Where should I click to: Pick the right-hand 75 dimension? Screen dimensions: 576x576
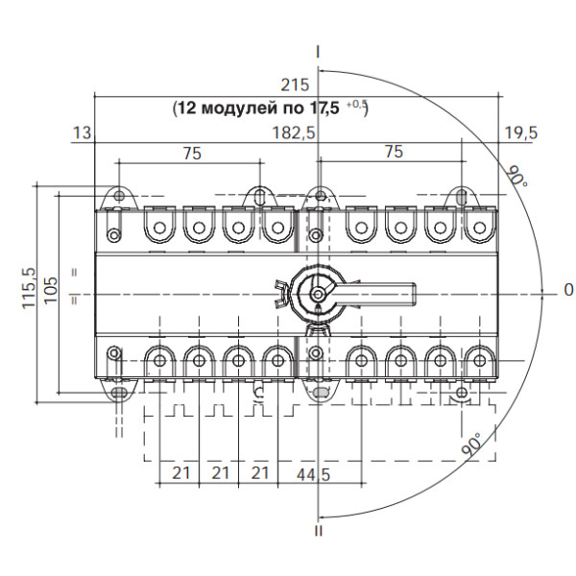pyautogui.click(x=394, y=152)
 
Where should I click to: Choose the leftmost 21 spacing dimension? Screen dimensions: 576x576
pyautogui.click(x=178, y=473)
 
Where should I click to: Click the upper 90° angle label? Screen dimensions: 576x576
pyautogui.click(x=517, y=177)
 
